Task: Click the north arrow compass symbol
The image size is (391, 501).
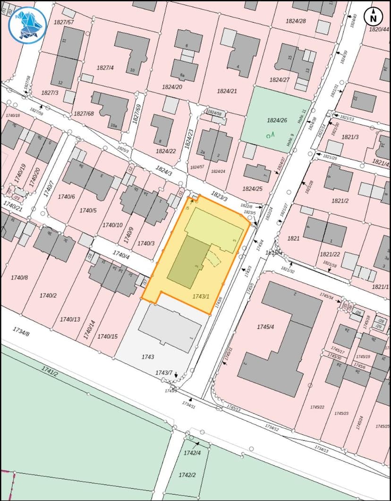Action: pyautogui.click(x=374, y=17)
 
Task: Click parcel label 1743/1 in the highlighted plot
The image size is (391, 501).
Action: pyautogui.click(x=201, y=296)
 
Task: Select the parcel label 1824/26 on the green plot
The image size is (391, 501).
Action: pyautogui.click(x=277, y=120)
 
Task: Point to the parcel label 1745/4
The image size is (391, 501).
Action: pyautogui.click(x=265, y=327)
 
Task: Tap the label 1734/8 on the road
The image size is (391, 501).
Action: pyautogui.click(x=21, y=332)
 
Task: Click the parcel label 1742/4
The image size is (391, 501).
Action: pyautogui.click(x=192, y=453)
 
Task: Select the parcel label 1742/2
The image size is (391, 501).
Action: pyautogui.click(x=187, y=475)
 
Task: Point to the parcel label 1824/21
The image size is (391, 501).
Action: pyautogui.click(x=227, y=91)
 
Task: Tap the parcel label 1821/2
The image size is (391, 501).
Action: pyautogui.click(x=340, y=201)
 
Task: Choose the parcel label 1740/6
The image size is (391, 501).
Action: pyautogui.click(x=66, y=196)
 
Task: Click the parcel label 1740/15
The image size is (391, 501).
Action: pyautogui.click(x=107, y=336)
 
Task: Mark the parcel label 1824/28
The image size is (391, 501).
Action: pyautogui.click(x=296, y=21)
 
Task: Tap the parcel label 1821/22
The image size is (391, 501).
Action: pyautogui.click(x=330, y=255)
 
